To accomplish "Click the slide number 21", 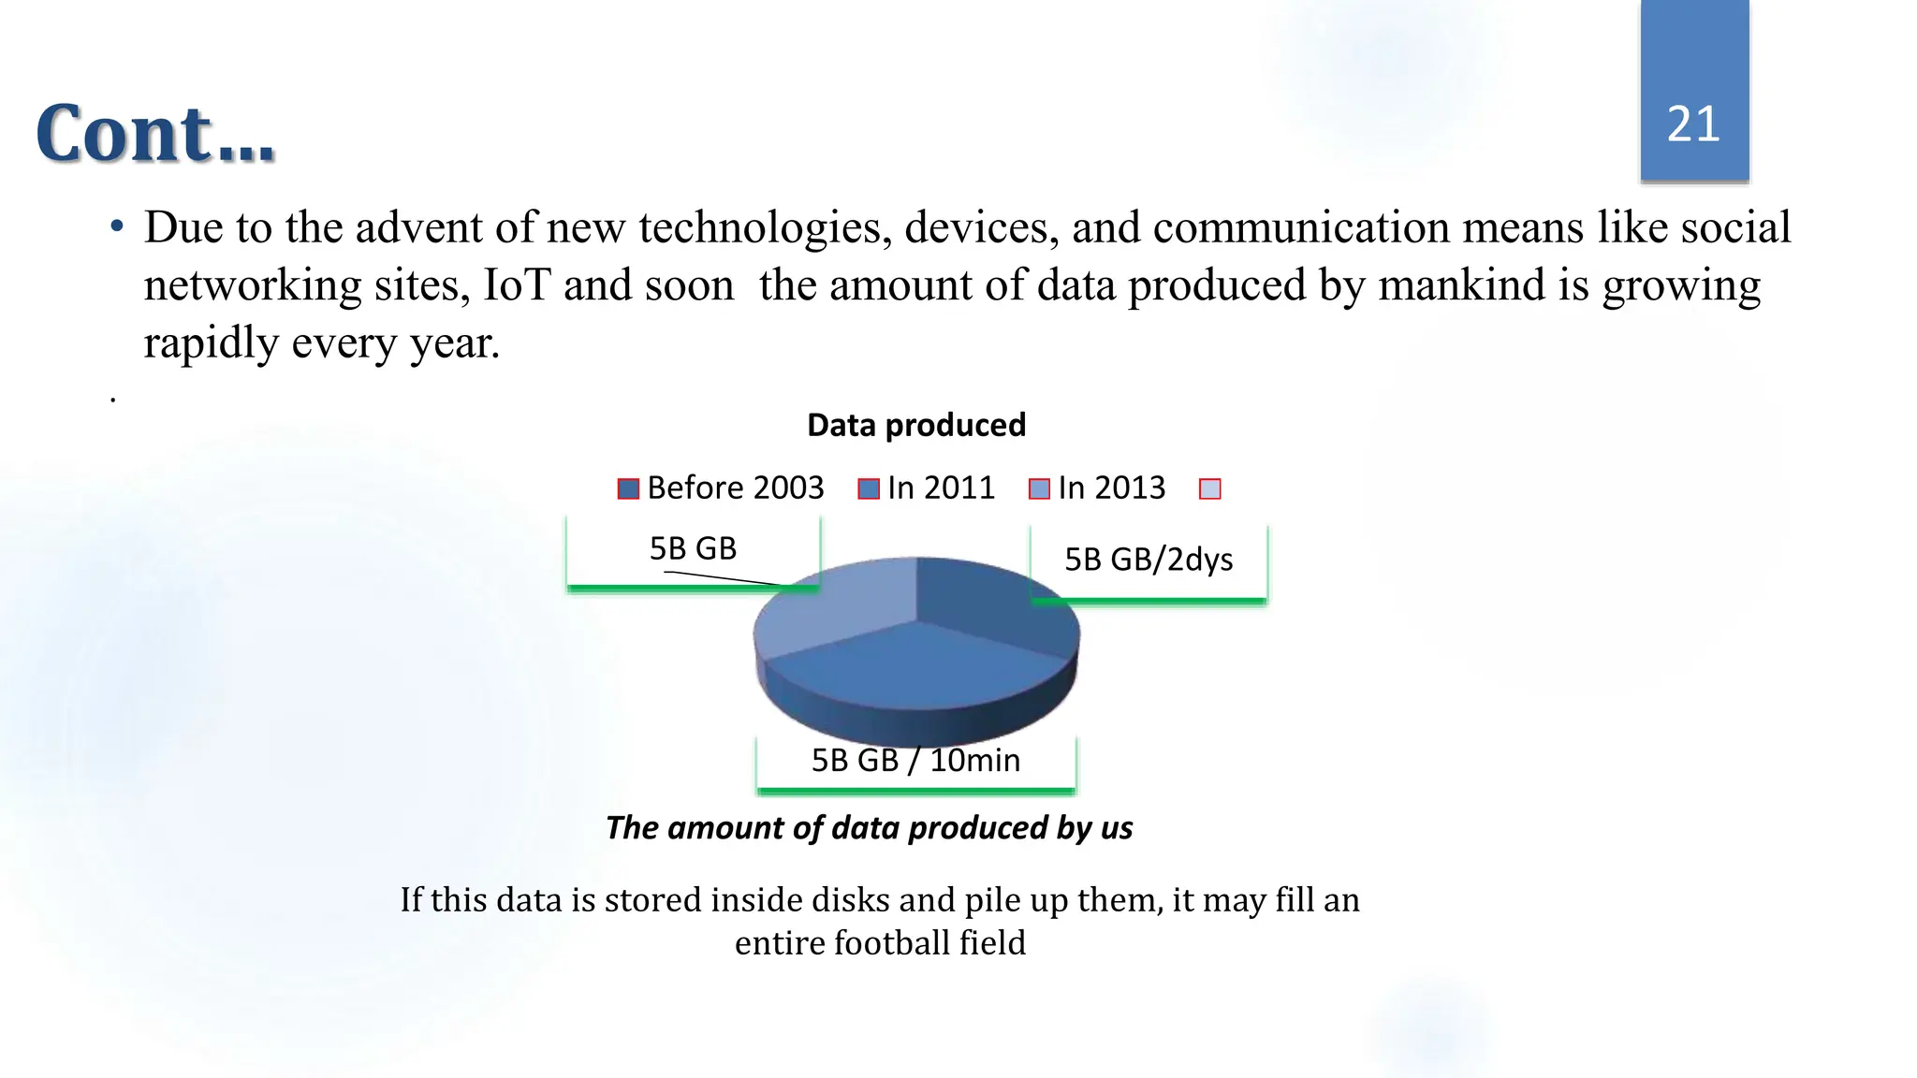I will pyautogui.click(x=1693, y=124).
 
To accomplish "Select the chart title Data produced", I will pyautogui.click(x=915, y=425).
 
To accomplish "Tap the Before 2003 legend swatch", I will pyautogui.click(x=628, y=488).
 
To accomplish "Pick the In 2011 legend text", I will pyautogui.click(x=940, y=488).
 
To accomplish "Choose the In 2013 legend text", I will pyautogui.click(x=1111, y=488).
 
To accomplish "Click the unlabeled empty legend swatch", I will pyautogui.click(x=1209, y=488).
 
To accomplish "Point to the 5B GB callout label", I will pyautogui.click(x=693, y=548).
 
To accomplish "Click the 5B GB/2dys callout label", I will pyautogui.click(x=1149, y=560).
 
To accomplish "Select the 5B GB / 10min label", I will pyautogui.click(x=915, y=760).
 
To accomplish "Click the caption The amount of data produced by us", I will pyautogui.click(x=869, y=828).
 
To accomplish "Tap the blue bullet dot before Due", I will pyautogui.click(x=117, y=227).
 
